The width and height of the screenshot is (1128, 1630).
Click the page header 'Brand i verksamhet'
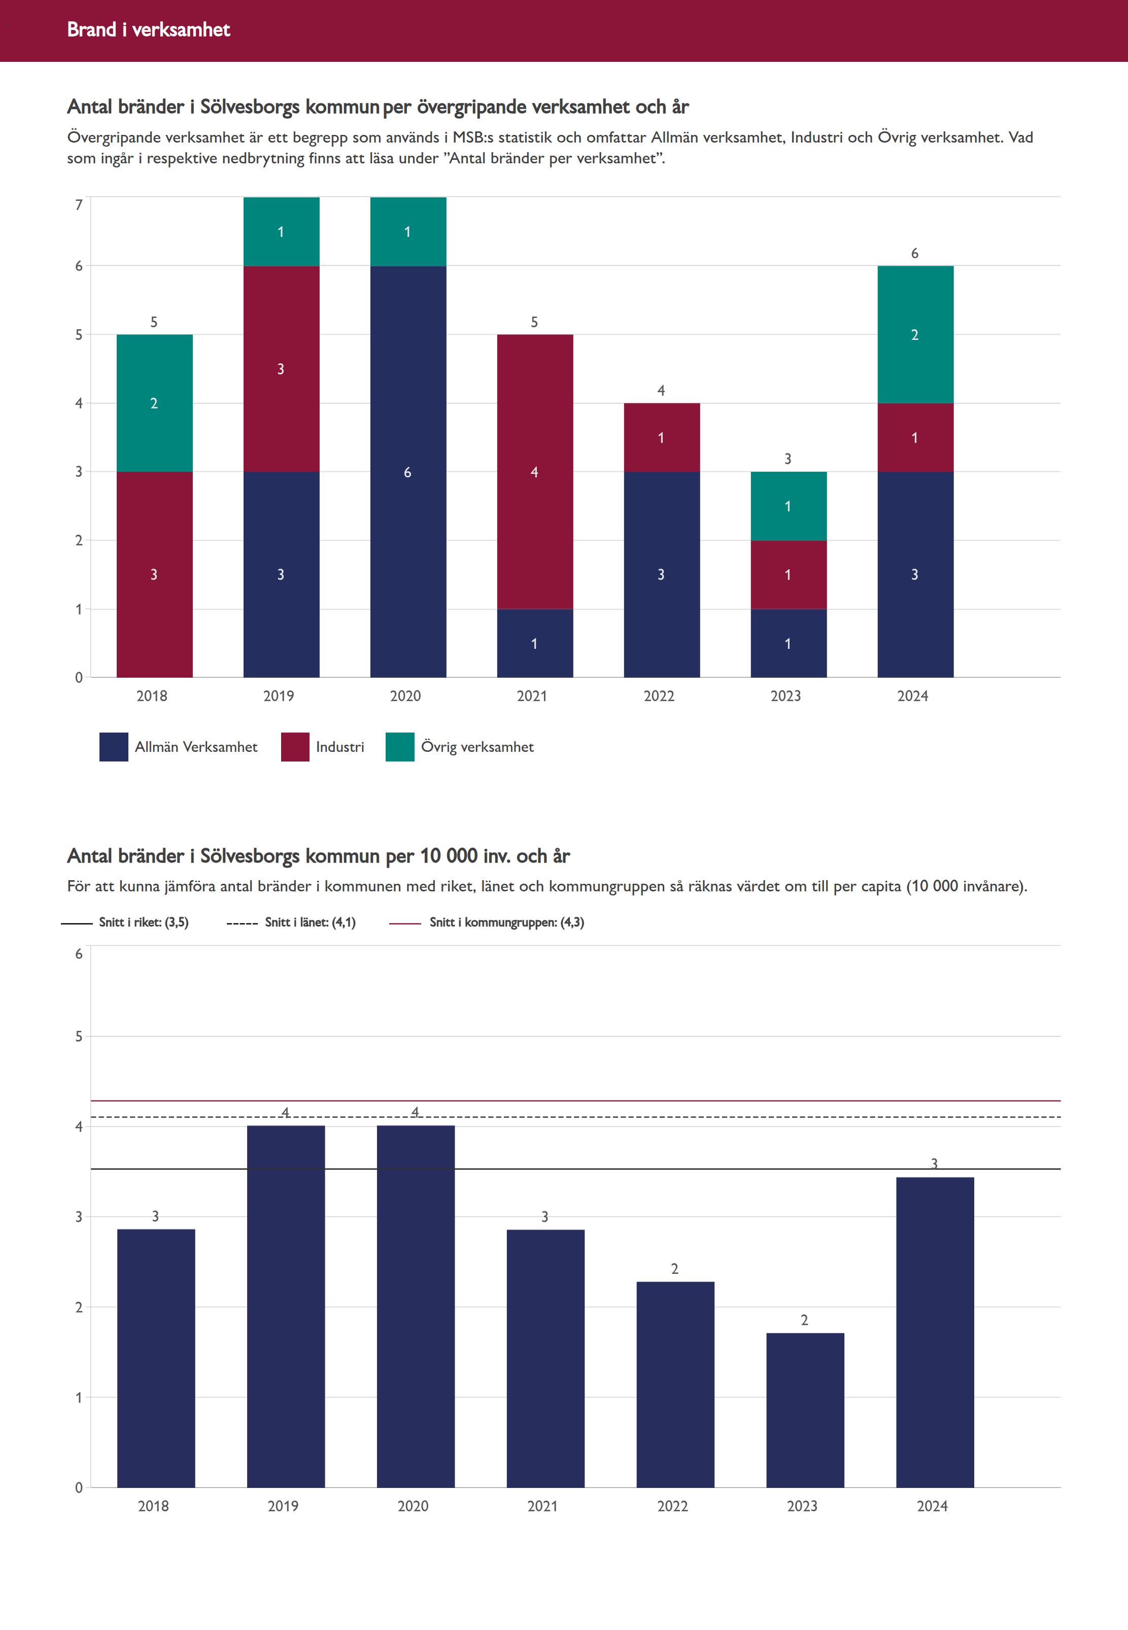point(148,29)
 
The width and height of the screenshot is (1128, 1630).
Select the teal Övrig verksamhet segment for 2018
point(154,403)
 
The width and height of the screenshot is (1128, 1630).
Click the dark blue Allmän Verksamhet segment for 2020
point(408,471)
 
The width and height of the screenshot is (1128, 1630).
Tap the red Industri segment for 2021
point(534,471)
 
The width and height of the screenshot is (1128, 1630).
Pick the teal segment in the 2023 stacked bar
point(788,506)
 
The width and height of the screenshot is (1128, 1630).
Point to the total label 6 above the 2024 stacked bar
point(914,253)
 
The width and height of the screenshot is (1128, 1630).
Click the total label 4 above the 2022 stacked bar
point(661,390)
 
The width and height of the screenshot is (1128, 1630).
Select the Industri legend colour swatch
point(295,747)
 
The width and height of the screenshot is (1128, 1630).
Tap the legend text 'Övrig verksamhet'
point(477,747)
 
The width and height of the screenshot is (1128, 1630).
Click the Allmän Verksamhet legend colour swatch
point(113,747)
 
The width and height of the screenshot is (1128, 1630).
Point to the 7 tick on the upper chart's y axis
point(79,205)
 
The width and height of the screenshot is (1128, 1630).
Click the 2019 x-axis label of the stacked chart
point(279,696)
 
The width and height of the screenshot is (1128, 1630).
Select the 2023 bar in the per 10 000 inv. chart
point(805,1409)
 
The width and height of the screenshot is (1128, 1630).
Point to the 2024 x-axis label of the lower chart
point(932,1506)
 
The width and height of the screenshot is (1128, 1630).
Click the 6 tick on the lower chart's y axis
point(79,954)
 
